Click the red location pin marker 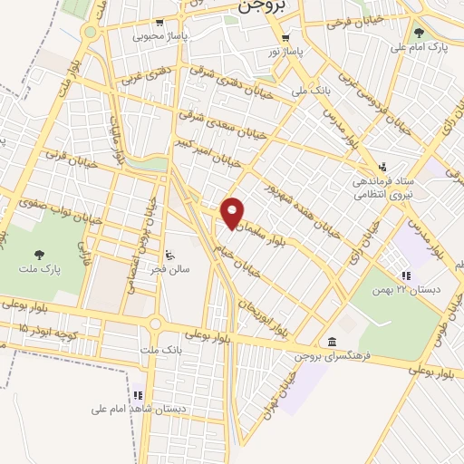pyautogui.click(x=234, y=212)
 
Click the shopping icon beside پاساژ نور pyautogui.click(x=285, y=38)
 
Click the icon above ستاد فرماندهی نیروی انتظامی pyautogui.click(x=383, y=166)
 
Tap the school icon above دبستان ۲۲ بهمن pyautogui.click(x=406, y=275)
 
